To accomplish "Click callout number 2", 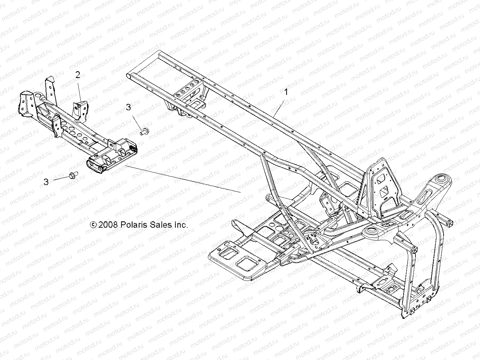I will (78, 75).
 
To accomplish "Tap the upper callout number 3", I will (128, 107).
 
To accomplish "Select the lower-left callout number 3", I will (46, 182).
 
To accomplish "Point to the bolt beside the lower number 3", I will (72, 175).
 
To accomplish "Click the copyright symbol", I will (93, 225).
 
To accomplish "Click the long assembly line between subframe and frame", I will (182, 179).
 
